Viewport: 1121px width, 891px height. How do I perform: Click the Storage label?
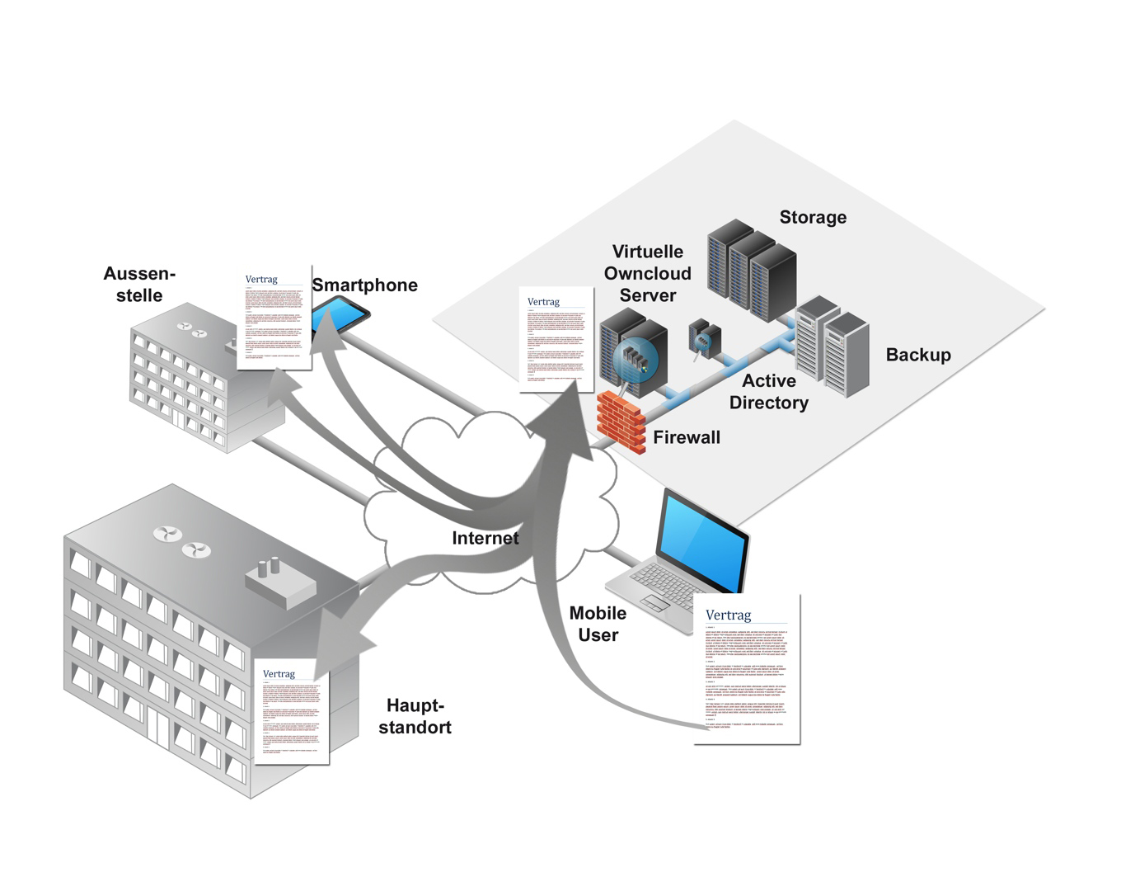[813, 218]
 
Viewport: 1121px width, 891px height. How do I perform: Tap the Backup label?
[918, 356]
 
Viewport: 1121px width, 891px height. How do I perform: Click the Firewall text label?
[686, 438]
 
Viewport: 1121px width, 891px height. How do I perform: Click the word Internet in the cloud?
[485, 539]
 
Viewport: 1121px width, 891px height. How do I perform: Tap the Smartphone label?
[364, 285]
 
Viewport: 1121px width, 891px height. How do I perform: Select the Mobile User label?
[598, 625]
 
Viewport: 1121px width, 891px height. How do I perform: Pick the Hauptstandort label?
[415, 717]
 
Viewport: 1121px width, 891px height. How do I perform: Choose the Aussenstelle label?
[139, 285]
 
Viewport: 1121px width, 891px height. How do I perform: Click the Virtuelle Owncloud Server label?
[648, 274]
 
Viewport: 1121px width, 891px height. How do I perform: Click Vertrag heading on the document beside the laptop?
[728, 615]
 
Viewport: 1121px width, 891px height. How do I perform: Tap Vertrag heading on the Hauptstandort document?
[279, 674]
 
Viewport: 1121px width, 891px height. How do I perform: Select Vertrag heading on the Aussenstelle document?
[261, 280]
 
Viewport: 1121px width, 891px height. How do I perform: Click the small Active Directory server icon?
[705, 338]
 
